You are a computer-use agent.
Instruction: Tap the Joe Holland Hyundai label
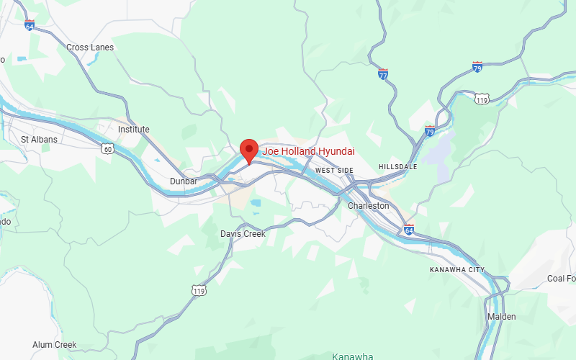click(x=307, y=151)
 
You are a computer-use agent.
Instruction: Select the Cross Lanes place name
click(x=90, y=48)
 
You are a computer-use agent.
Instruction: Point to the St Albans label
click(x=39, y=139)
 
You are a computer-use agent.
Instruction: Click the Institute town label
click(x=134, y=130)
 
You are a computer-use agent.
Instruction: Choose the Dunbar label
click(x=184, y=181)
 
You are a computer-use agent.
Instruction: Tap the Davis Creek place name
click(x=243, y=234)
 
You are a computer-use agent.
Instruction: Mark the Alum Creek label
click(x=55, y=345)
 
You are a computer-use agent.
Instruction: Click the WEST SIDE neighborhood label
click(x=335, y=170)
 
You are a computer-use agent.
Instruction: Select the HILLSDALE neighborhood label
click(x=397, y=167)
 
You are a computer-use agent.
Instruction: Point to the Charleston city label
click(x=368, y=206)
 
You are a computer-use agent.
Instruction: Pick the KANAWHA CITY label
click(x=457, y=269)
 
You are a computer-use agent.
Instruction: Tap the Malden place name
click(x=502, y=317)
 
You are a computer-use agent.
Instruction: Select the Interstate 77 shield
click(x=383, y=74)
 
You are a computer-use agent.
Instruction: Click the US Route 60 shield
click(x=107, y=149)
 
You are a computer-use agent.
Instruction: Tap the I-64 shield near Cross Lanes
click(x=30, y=25)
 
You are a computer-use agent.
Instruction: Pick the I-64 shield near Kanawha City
click(x=409, y=230)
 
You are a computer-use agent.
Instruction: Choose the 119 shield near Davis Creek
click(x=199, y=289)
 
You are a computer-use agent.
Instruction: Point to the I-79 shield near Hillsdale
click(x=430, y=131)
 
